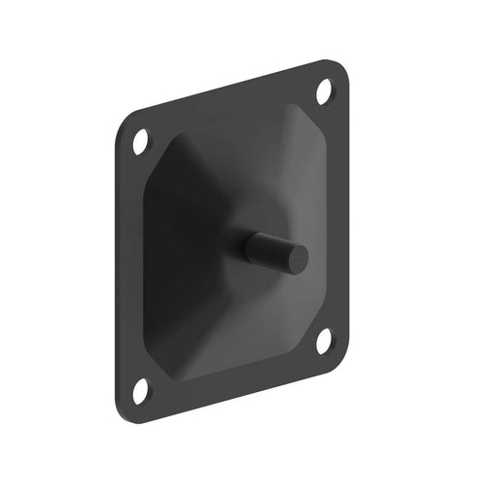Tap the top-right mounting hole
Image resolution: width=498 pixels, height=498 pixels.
(325, 94)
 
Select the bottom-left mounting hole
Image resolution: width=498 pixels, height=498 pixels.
(142, 390)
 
